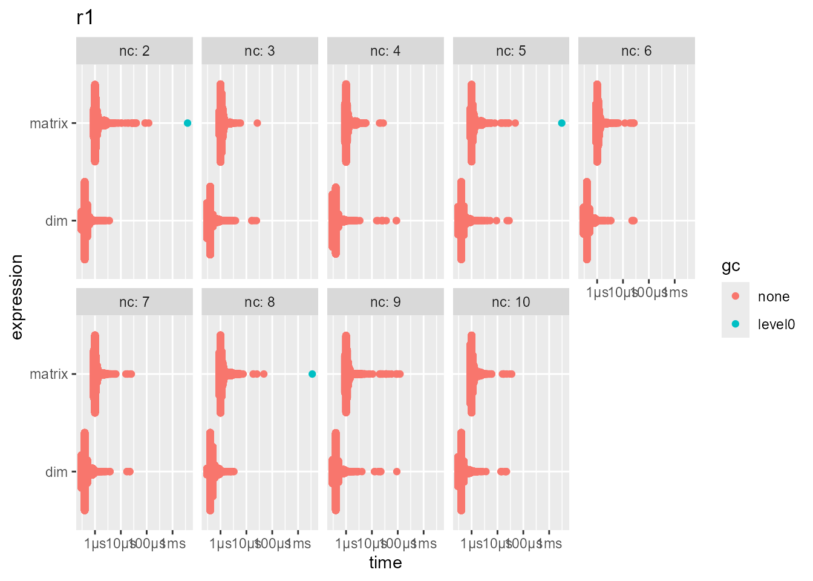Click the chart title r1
coord(85,18)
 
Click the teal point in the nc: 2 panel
coord(188,123)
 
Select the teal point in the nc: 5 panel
coord(561,123)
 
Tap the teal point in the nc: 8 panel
coord(312,374)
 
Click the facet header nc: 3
coord(260,51)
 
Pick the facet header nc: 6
coord(636,51)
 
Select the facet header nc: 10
coord(511,302)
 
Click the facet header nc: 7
coord(134,302)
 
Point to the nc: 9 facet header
coord(385,302)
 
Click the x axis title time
coord(385,563)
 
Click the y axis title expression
coord(17,297)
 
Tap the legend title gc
coord(731,266)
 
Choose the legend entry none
coord(773,297)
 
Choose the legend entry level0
coord(776,324)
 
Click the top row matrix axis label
coord(49,123)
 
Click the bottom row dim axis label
coord(56,472)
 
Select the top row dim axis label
coord(56,221)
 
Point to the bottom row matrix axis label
coord(49,374)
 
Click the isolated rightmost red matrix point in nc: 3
coord(257,123)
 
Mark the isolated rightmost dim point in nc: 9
coord(396,471)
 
